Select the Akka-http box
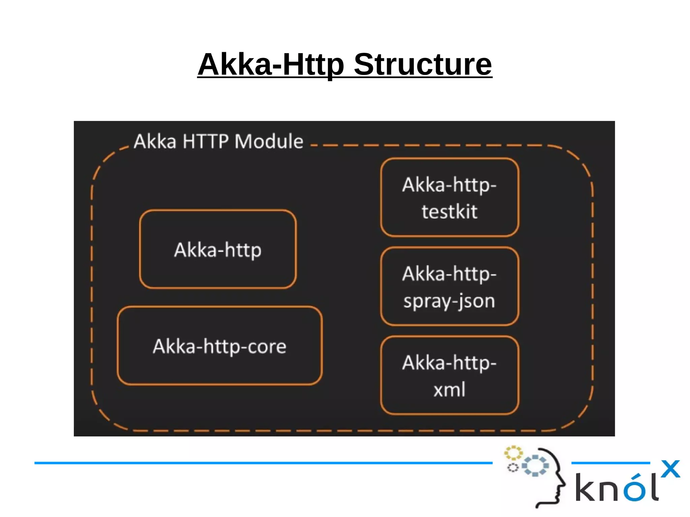(x=218, y=249)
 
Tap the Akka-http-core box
(x=220, y=346)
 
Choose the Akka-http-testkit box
(x=449, y=198)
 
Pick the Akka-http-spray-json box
(x=449, y=287)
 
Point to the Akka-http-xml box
(x=449, y=376)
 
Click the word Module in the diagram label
(x=269, y=141)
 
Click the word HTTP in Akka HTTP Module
(x=205, y=141)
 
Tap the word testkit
(x=449, y=212)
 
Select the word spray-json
(x=449, y=301)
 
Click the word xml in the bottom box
(x=449, y=390)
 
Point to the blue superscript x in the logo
(x=670, y=468)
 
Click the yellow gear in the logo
(x=513, y=453)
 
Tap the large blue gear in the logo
(x=535, y=465)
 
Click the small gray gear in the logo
(x=513, y=467)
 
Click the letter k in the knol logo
(x=585, y=487)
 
